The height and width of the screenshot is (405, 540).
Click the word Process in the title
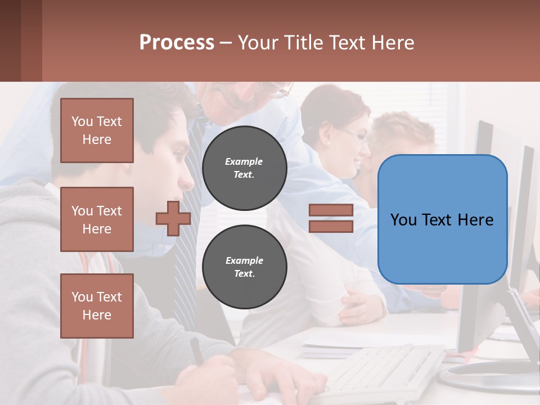coord(177,43)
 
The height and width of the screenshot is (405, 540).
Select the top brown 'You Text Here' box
coord(97,130)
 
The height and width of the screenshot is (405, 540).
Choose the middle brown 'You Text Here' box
coord(97,219)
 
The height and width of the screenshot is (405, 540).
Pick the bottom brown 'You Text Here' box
coord(97,306)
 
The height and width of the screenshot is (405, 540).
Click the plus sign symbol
coord(173,218)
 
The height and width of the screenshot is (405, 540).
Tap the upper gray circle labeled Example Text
coord(244,168)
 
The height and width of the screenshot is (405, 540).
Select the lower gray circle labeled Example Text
coord(244,267)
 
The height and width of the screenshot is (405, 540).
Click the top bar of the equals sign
coord(331,210)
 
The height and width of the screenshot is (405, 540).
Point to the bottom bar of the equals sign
coord(331,226)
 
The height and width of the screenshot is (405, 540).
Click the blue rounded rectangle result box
coord(442,219)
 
